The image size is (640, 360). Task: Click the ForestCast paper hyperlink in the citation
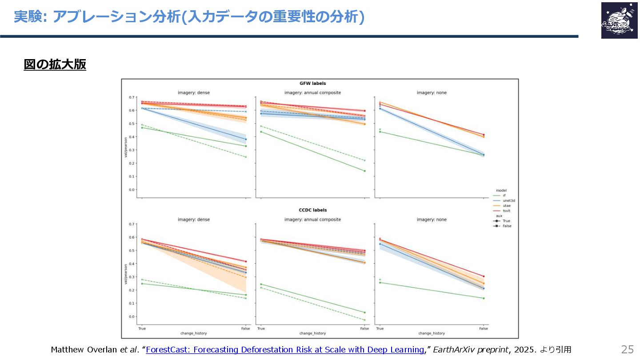coord(284,349)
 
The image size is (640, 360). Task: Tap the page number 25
coord(627,348)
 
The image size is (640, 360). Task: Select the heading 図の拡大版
coord(55,65)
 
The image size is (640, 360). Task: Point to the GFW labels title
coord(313,83)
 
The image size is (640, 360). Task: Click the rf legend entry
coord(504,196)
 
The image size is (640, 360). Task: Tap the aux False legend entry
coord(507,226)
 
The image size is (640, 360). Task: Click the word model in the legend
coord(501,190)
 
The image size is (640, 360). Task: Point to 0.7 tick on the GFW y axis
coord(132,97)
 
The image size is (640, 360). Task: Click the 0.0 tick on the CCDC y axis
coord(132,316)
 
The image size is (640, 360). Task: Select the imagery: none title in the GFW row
coord(432,92)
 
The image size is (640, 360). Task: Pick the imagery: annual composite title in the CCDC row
coord(312,220)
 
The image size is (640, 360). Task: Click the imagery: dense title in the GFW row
coord(194,92)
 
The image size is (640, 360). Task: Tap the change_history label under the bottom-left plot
coord(193,333)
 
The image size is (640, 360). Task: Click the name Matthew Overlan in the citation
coord(84,349)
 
